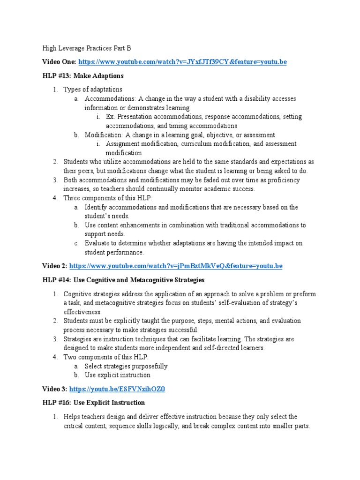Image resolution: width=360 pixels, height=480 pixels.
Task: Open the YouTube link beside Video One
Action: [182, 62]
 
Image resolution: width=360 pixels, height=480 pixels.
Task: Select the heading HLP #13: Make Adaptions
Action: [83, 76]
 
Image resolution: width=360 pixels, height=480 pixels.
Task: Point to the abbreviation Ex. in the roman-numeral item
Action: [110, 117]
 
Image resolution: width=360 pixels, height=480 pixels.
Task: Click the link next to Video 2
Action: [176, 266]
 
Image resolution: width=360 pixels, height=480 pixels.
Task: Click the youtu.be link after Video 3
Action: [117, 389]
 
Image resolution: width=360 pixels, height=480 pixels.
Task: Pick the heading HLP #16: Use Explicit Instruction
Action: [94, 403]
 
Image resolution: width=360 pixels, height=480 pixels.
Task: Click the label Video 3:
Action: [54, 389]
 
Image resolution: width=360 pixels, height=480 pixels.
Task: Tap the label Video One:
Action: [59, 62]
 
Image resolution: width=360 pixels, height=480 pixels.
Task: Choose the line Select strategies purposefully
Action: [126, 366]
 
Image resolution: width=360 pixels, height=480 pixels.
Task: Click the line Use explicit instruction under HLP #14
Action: [117, 375]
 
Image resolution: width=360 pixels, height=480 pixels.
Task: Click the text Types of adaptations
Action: [93, 90]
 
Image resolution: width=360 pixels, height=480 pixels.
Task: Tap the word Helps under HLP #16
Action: [72, 417]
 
